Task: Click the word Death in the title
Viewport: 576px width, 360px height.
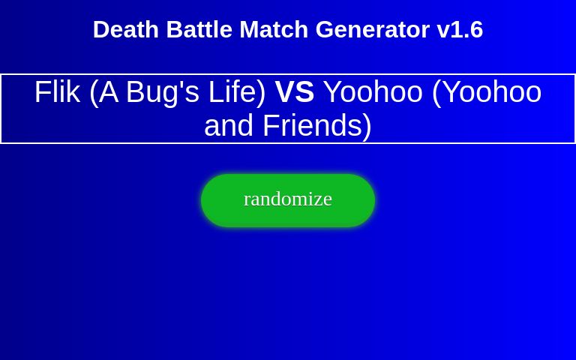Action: coord(126,29)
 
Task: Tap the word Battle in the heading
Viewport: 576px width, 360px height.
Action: coord(199,29)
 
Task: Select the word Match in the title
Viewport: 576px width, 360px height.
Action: coord(274,29)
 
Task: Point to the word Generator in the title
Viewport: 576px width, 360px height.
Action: coord(373,29)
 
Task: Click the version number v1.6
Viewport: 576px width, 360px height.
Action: coord(460,29)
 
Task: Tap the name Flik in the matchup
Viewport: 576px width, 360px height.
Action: coord(57,91)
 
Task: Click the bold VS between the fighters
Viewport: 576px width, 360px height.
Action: coord(295,91)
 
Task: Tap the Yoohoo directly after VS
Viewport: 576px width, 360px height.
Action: coord(373,91)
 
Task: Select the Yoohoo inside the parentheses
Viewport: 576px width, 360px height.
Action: coord(491,91)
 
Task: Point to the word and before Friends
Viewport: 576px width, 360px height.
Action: coord(229,125)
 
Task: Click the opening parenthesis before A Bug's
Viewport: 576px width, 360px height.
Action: coord(94,91)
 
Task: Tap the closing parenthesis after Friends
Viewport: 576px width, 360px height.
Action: coord(367,125)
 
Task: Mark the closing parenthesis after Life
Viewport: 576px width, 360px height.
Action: coord(261,91)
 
